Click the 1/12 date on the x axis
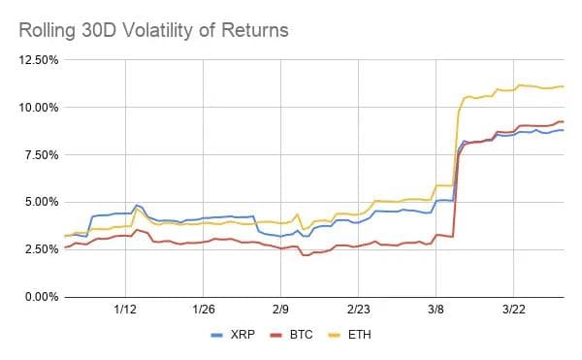125,311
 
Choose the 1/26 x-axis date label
204,311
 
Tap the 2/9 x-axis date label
281,311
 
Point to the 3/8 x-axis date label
436,311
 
